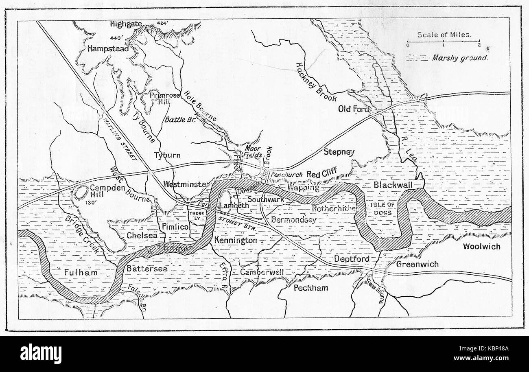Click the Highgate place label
pos(126,24)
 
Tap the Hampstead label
pos(108,49)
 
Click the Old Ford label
pos(354,109)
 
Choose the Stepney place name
pos(339,152)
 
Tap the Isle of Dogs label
pos(380,209)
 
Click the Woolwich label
pos(481,247)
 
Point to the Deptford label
pos(352,259)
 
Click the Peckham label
pos(311,288)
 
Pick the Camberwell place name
pos(262,272)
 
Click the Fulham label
pos(81,272)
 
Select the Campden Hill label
pos(98,191)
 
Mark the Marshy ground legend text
pos(460,58)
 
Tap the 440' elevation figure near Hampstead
pos(116,39)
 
